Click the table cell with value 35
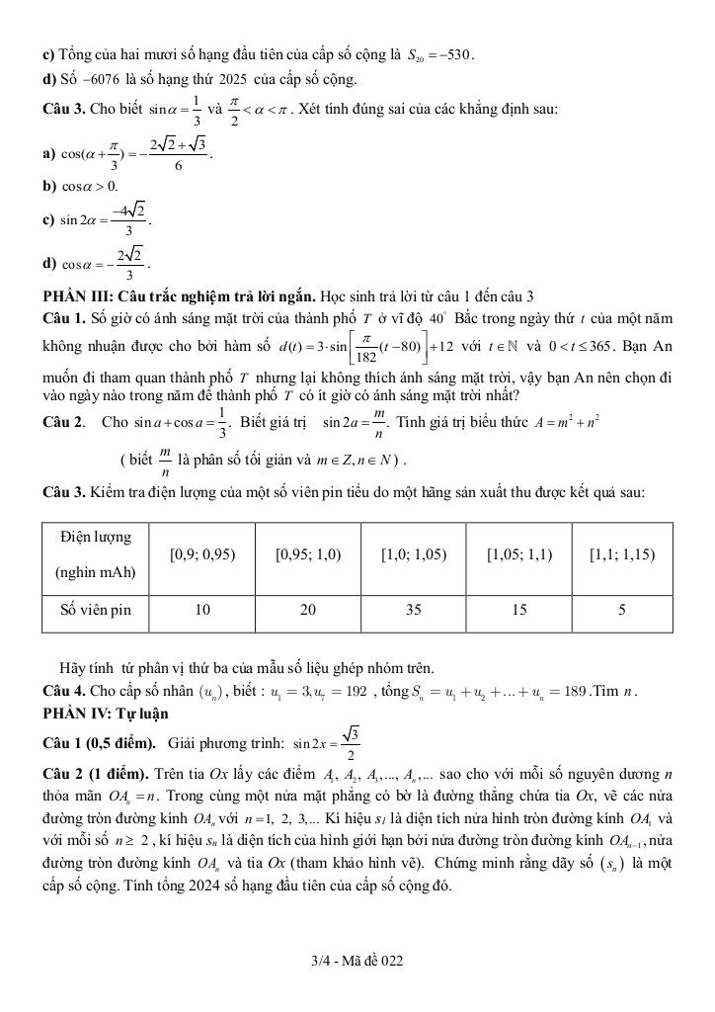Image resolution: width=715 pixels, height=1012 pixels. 413,610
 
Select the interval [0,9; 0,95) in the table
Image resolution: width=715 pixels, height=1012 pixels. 202,554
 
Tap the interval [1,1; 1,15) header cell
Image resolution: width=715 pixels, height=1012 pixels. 622,554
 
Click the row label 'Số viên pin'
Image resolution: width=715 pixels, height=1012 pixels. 96,610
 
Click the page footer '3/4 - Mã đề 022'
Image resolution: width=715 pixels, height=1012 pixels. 357,961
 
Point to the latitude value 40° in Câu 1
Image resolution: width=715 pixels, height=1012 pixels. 439,321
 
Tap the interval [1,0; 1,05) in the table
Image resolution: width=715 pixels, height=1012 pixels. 413,554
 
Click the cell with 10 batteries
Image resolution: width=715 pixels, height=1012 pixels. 202,610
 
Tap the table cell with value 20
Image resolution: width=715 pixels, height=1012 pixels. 307,610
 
